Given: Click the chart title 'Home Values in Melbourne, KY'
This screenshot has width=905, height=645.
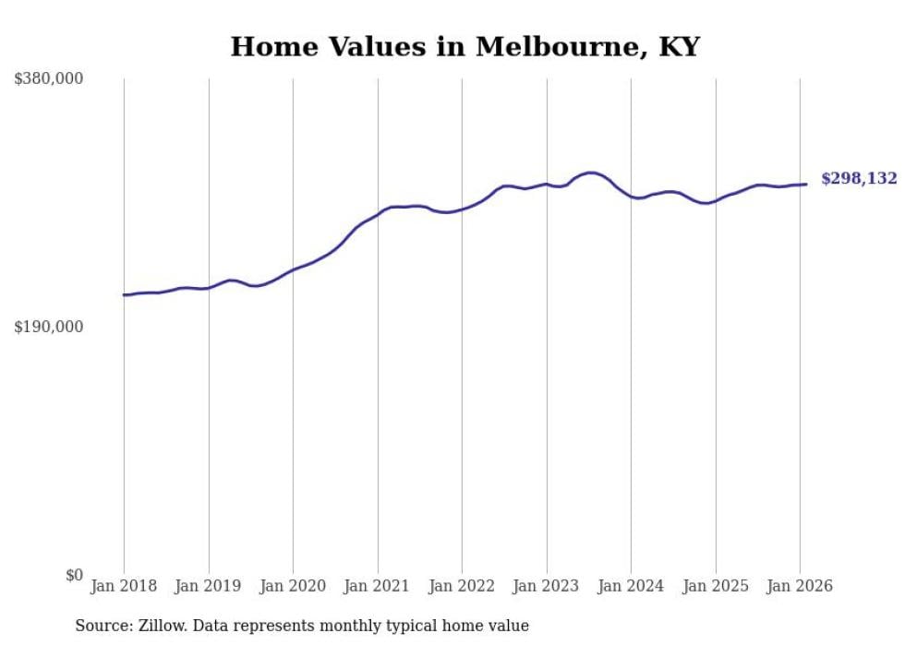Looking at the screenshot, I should [x=465, y=47].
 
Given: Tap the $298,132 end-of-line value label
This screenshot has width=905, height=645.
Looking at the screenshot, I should [x=859, y=179].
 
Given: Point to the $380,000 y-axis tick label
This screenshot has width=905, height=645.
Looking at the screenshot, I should [x=49, y=79].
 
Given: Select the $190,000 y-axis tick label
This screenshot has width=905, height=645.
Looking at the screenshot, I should [x=49, y=327].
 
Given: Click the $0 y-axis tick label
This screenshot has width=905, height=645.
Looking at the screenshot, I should [x=74, y=575].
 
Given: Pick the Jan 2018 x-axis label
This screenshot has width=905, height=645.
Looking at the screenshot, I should [x=124, y=587].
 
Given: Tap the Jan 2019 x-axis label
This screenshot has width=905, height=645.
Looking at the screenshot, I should [x=209, y=587].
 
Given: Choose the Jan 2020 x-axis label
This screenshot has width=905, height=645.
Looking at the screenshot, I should [x=293, y=587].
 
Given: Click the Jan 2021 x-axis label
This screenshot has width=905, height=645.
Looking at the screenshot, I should [x=378, y=587].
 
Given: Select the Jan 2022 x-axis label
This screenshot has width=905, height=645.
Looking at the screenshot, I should [x=462, y=587].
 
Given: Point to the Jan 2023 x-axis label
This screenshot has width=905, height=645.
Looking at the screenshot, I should [x=547, y=587].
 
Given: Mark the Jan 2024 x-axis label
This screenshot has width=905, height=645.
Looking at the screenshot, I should [x=631, y=587].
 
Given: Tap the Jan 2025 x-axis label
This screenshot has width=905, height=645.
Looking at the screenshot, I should [x=716, y=587].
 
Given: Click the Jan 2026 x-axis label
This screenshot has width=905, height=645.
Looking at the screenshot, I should [x=800, y=587].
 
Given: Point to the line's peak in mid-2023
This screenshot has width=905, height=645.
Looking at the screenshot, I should [x=590, y=173].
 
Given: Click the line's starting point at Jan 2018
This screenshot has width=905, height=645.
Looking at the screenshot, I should [x=124, y=295].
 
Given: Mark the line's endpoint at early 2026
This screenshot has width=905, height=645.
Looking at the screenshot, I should [x=806, y=184].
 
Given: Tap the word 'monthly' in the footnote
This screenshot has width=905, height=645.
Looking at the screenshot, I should [x=354, y=627].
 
